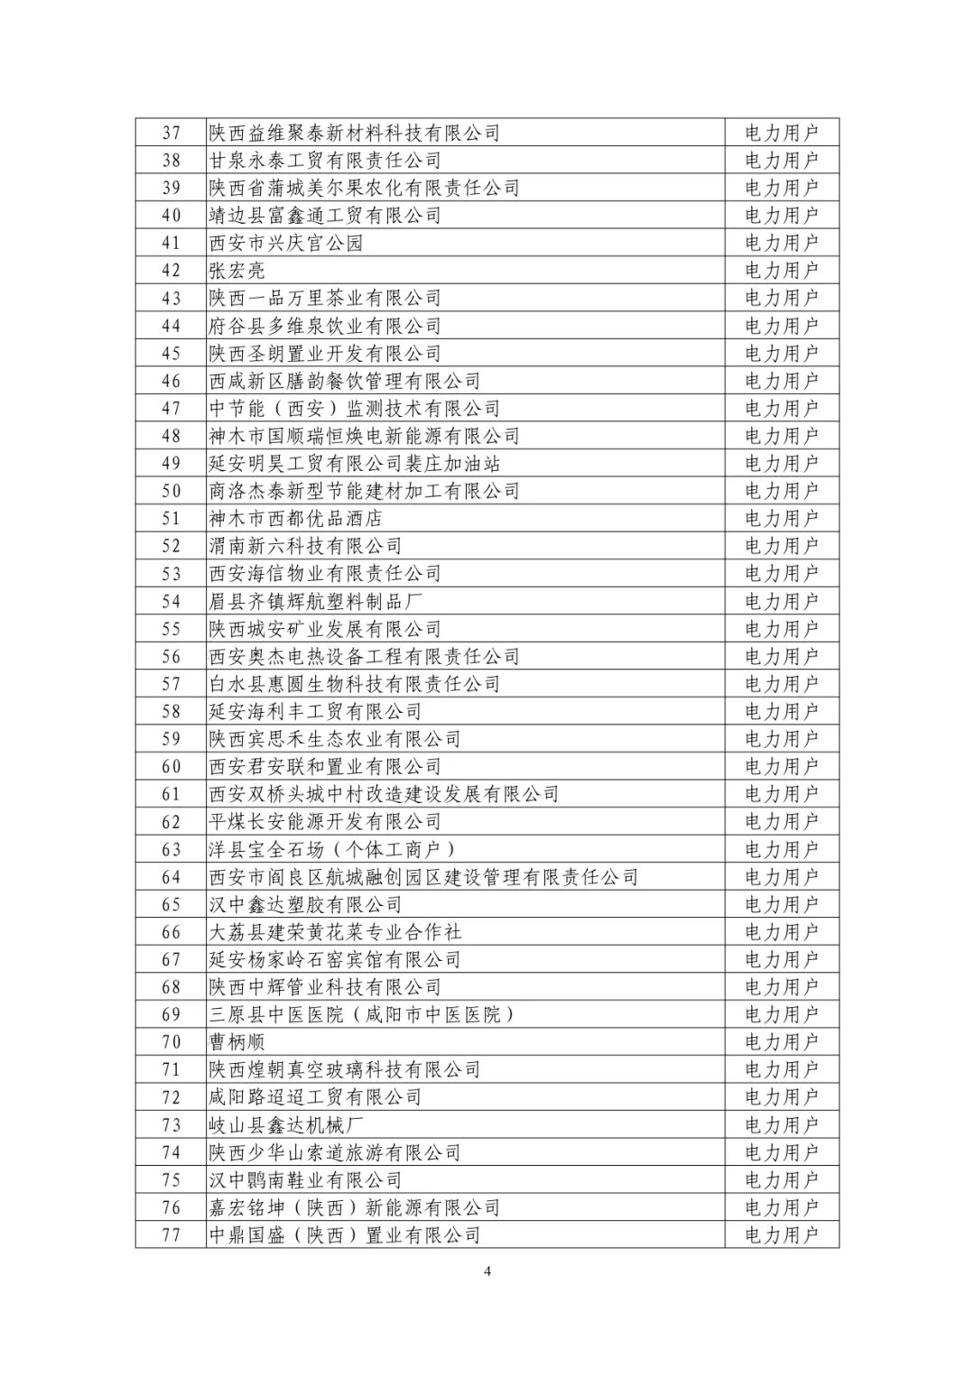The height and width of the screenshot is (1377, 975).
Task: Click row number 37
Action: click(x=172, y=133)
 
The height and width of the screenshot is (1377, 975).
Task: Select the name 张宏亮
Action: click(x=237, y=271)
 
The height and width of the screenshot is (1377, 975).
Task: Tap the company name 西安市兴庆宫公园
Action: click(x=286, y=243)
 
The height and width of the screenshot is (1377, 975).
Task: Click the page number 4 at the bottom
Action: click(x=487, y=1272)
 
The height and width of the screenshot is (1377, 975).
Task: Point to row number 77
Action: click(x=172, y=1235)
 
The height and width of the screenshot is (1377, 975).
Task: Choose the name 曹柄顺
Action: click(x=237, y=1042)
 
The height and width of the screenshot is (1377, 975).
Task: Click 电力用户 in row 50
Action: click(x=782, y=491)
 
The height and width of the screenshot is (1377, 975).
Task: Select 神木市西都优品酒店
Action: click(x=296, y=519)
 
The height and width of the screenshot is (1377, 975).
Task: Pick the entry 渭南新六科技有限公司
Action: click(x=306, y=546)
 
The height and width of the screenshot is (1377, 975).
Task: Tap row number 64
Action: click(x=172, y=877)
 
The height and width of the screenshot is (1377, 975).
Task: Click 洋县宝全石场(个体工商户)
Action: click(x=333, y=849)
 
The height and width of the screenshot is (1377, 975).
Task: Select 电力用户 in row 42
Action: click(x=782, y=271)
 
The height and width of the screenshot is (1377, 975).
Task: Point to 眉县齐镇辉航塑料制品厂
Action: click(x=316, y=601)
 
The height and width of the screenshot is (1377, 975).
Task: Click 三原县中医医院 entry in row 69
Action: click(x=363, y=1014)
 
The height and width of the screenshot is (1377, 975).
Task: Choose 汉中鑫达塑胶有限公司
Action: click(x=306, y=904)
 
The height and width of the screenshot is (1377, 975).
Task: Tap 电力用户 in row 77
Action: click(x=782, y=1235)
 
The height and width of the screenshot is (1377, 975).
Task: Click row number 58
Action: click(x=172, y=711)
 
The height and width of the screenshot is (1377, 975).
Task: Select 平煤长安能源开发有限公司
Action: click(x=325, y=822)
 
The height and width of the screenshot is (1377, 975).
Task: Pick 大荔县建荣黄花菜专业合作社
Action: click(x=336, y=932)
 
